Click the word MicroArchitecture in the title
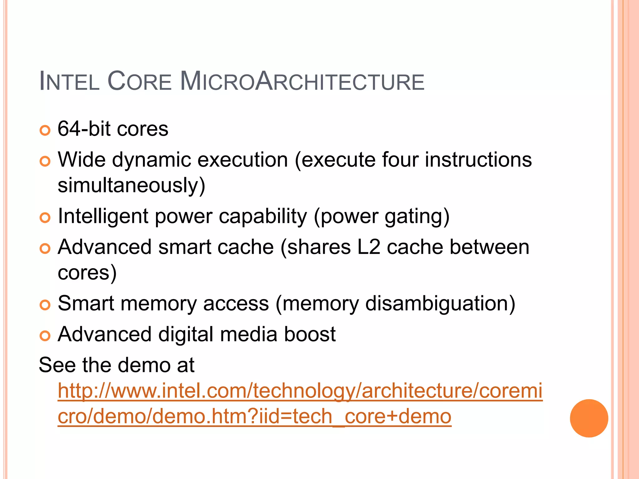[x=302, y=82]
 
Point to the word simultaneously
[x=131, y=185]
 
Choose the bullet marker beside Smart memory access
[x=45, y=305]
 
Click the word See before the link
[x=57, y=365]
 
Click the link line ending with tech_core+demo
[x=254, y=416]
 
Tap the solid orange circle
[x=589, y=418]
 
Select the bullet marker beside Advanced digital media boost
[x=45, y=336]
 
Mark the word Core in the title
[x=139, y=82]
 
